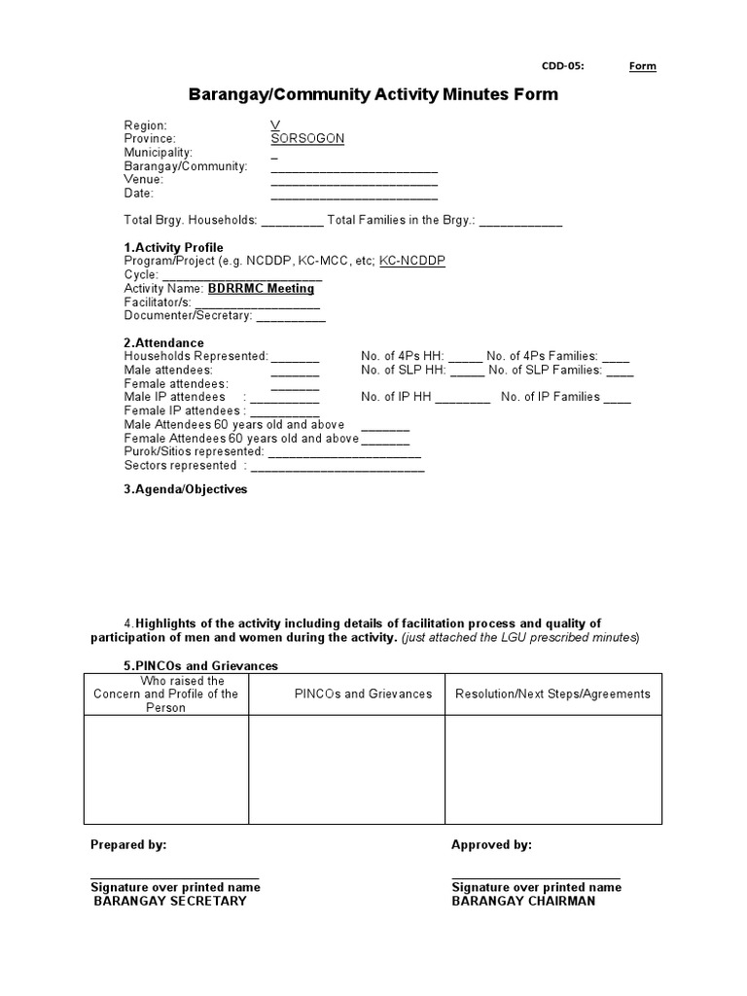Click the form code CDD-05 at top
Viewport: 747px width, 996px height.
pyautogui.click(x=562, y=66)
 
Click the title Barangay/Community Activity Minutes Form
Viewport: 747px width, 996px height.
pyautogui.click(x=373, y=94)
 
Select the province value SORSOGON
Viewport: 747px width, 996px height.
pyautogui.click(x=307, y=139)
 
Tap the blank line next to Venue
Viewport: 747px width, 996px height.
pyautogui.click(x=354, y=182)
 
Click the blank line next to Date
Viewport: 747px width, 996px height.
pyautogui.click(x=354, y=196)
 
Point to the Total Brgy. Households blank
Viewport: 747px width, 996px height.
pyautogui.click(x=292, y=223)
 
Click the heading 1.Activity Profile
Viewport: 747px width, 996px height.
pyautogui.click(x=173, y=247)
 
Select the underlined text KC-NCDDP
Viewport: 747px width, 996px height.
pyautogui.click(x=412, y=262)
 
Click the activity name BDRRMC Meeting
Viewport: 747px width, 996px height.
pyautogui.click(x=261, y=289)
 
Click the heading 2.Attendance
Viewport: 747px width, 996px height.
pyautogui.click(x=163, y=342)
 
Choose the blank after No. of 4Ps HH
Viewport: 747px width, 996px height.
pyautogui.click(x=465, y=358)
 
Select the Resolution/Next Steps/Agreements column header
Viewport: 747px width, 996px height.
pyautogui.click(x=552, y=694)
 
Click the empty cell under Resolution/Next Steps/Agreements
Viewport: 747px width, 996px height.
pyautogui.click(x=552, y=769)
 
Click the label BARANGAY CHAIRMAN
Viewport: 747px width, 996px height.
pyautogui.click(x=523, y=901)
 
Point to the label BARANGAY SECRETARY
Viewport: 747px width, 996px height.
pyautogui.click(x=169, y=901)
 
